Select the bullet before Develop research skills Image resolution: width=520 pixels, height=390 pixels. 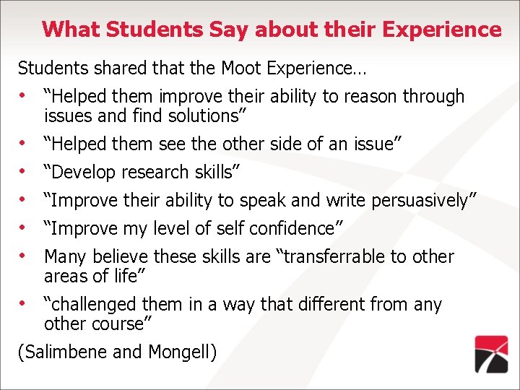(x=24, y=172)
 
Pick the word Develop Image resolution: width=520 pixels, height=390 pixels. (x=80, y=173)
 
